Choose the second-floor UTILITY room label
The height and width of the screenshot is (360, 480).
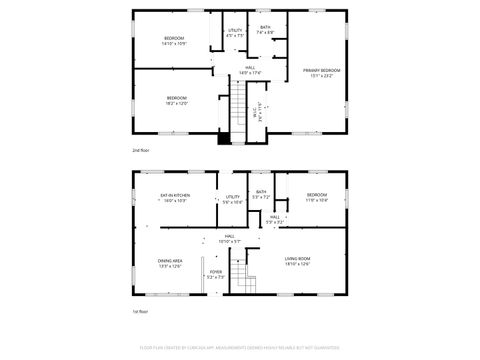[x=235, y=30]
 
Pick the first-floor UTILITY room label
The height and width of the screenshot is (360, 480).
[x=233, y=197]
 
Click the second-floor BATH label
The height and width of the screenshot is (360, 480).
[x=265, y=27]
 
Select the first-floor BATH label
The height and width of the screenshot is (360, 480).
[x=261, y=192]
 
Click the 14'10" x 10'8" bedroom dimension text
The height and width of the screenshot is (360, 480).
[x=175, y=43]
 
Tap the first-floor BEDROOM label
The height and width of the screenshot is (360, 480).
[x=317, y=194]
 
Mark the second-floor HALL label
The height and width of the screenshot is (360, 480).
[x=249, y=67]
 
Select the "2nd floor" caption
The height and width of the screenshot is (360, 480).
[x=141, y=150]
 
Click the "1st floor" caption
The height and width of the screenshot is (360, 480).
[x=141, y=313]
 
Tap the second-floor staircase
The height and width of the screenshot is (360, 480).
[x=237, y=108]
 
